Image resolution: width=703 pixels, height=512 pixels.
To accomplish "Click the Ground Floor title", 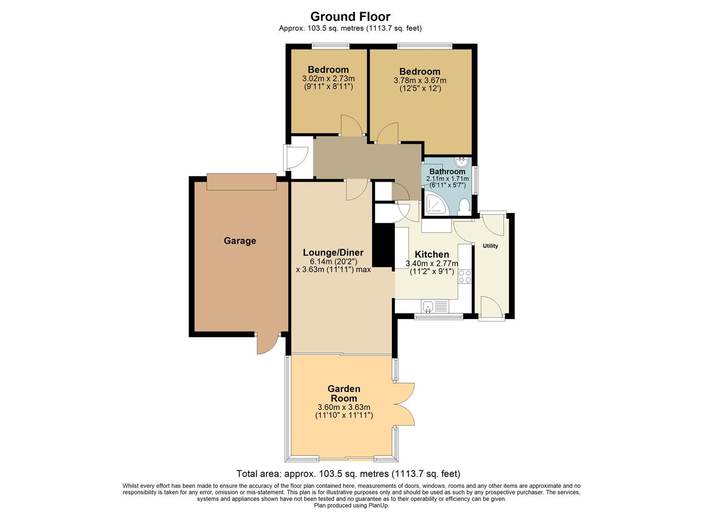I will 350,17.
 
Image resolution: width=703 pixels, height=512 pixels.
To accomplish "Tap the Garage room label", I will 240,241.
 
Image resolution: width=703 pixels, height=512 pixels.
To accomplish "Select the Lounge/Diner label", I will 333,252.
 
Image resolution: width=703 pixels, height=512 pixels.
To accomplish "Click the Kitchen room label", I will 432,255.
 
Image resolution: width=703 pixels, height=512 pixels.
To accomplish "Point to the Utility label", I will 490,246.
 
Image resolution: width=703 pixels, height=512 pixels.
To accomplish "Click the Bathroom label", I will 447,172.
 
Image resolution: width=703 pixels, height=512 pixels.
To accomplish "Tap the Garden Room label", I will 344,393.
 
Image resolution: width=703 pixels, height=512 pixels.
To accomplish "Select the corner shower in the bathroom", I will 435,204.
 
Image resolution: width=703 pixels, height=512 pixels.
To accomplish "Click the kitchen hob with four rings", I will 464,276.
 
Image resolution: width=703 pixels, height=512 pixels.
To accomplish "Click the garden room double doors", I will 405,404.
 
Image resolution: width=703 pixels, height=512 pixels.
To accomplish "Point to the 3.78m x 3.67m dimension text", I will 420,81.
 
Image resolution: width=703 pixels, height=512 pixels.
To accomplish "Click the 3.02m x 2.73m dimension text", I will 328,79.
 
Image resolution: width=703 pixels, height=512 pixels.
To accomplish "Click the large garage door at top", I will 241,182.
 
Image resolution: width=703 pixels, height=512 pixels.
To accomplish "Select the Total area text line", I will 348,474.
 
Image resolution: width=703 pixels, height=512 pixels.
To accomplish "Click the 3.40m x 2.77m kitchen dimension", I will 432,264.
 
